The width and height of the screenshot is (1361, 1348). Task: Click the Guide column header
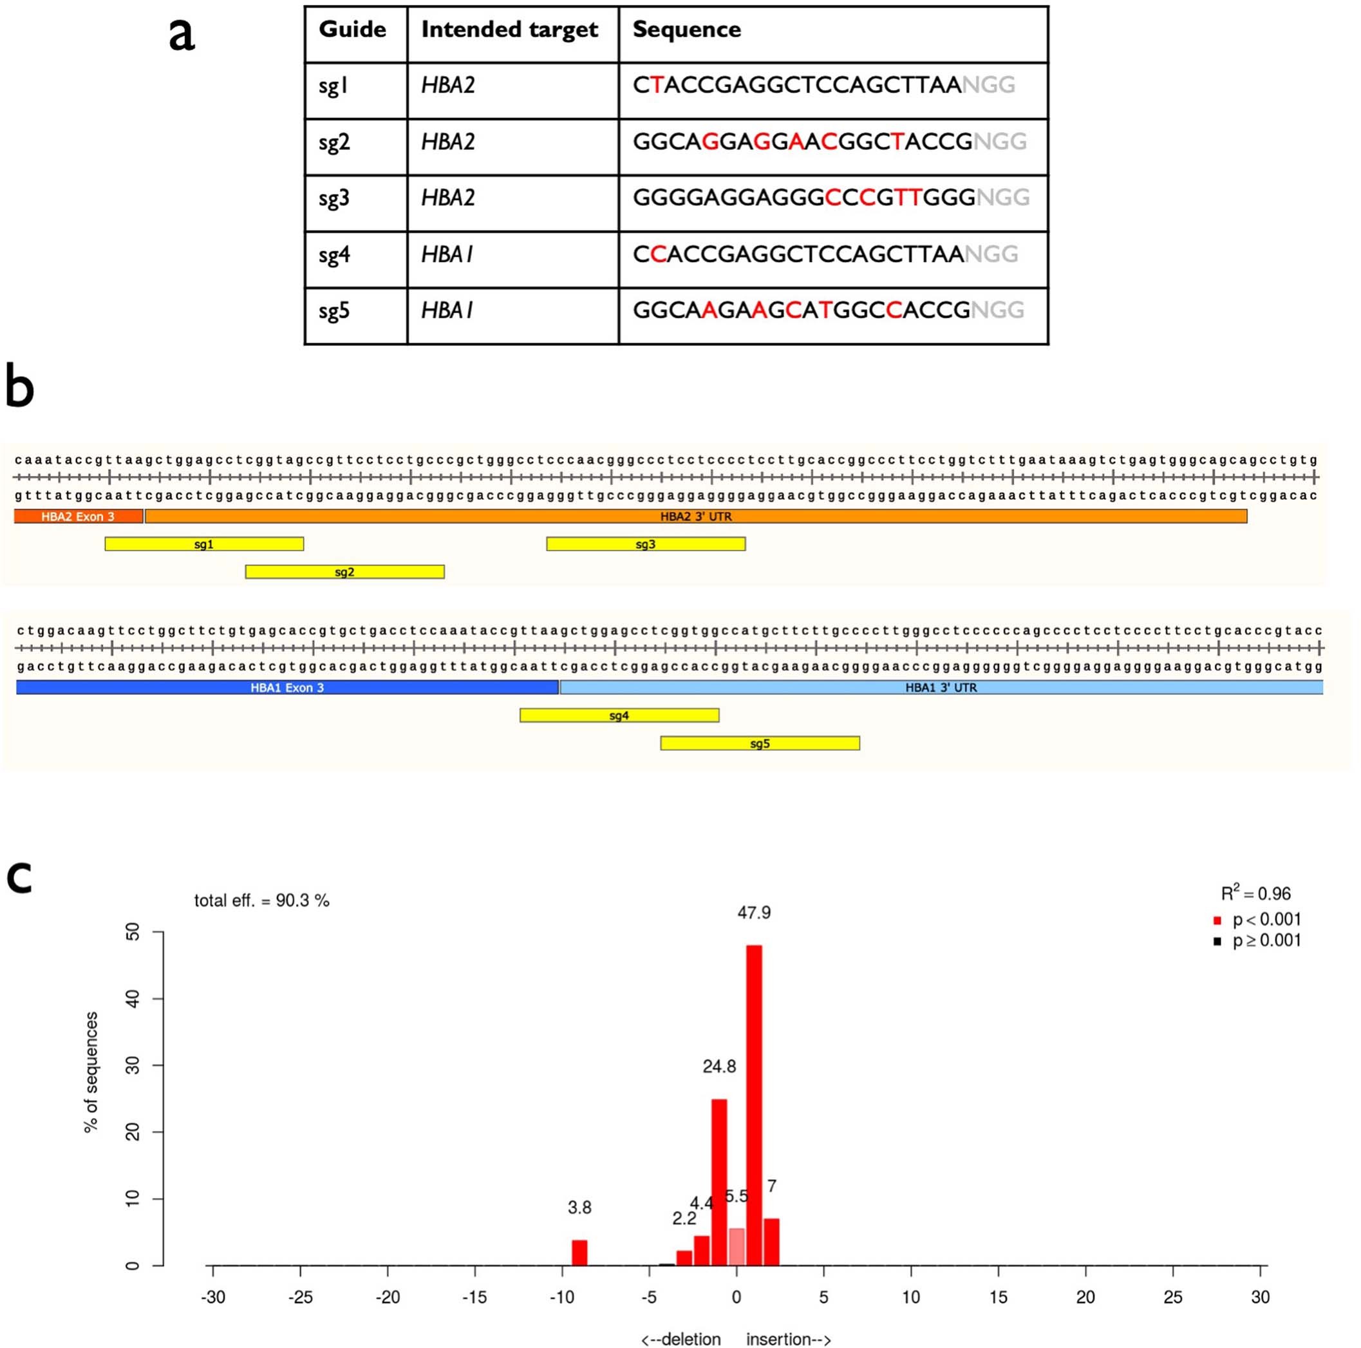[352, 30]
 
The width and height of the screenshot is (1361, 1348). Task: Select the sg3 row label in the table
[334, 198]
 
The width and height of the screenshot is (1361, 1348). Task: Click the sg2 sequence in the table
[829, 142]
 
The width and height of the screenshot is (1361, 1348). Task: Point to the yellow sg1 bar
[204, 544]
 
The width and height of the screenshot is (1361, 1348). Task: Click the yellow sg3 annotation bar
[645, 544]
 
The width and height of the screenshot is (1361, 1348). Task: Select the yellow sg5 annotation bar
[760, 743]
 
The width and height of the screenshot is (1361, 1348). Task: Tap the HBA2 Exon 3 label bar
[77, 517]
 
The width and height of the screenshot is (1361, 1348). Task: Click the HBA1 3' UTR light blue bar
[941, 687]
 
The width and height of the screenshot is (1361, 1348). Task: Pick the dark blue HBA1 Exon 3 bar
[286, 687]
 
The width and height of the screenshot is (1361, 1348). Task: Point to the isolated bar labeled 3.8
[579, 1252]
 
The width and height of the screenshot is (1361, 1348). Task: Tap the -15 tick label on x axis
[474, 1297]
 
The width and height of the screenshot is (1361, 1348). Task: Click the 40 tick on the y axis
[133, 998]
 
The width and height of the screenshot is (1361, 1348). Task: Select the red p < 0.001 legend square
[1217, 920]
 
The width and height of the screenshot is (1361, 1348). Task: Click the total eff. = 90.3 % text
[261, 900]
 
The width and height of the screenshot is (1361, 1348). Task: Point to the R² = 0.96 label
[1255, 893]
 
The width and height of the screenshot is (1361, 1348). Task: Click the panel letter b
[20, 388]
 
